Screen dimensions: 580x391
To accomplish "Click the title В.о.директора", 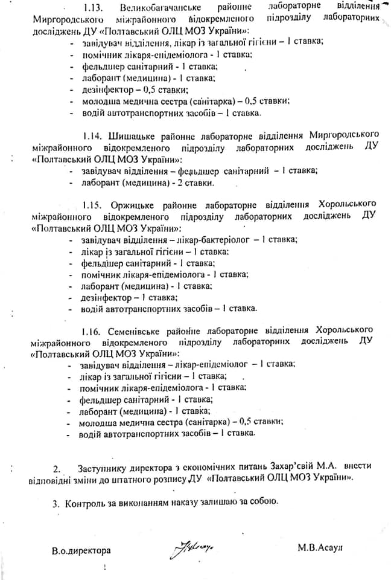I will click(81, 550).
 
